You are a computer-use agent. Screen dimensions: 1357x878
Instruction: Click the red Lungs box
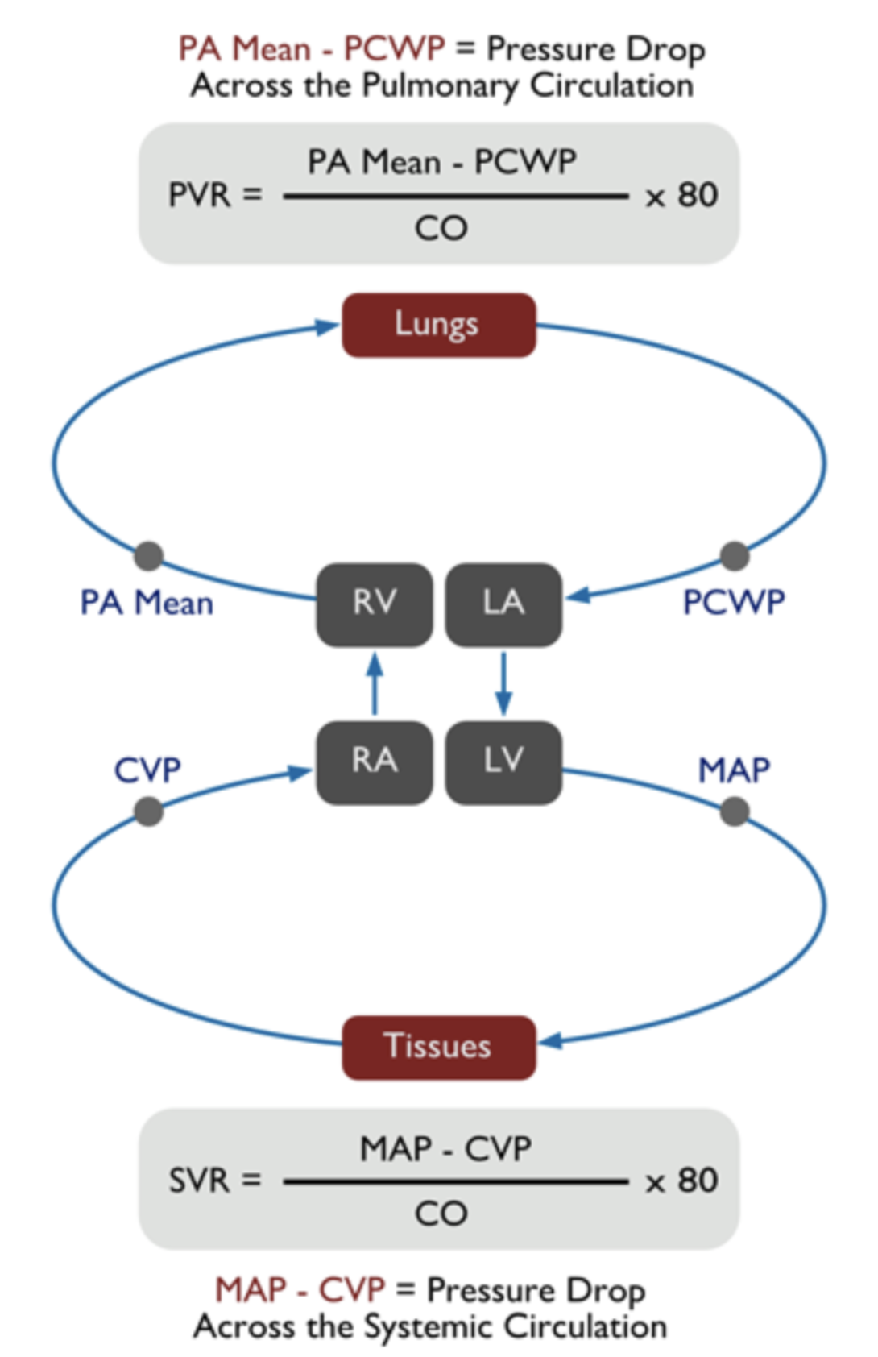click(438, 325)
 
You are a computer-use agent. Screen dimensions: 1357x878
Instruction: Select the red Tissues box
click(438, 1047)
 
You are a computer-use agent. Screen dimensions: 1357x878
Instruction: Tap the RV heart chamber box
click(374, 604)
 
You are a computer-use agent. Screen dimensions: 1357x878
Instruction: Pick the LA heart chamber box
click(503, 604)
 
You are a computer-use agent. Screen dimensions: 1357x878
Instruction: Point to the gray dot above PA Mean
click(148, 555)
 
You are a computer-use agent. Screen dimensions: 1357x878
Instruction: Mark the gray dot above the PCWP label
click(734, 555)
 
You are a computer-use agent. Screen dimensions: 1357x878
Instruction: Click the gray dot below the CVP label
click(148, 811)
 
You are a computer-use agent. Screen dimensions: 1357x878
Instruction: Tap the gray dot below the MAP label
click(734, 811)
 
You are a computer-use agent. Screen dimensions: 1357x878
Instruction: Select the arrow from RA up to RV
click(375, 683)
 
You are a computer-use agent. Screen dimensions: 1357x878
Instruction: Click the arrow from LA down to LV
click(503, 683)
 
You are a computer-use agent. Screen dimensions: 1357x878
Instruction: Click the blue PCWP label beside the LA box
click(733, 603)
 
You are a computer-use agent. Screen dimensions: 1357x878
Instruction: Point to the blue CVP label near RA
click(147, 770)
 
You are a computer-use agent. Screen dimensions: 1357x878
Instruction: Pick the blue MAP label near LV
click(733, 770)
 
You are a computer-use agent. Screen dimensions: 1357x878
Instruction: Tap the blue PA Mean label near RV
click(147, 603)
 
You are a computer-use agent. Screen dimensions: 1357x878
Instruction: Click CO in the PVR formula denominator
click(441, 229)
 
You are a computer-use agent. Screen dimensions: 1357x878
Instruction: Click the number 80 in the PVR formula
click(698, 195)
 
